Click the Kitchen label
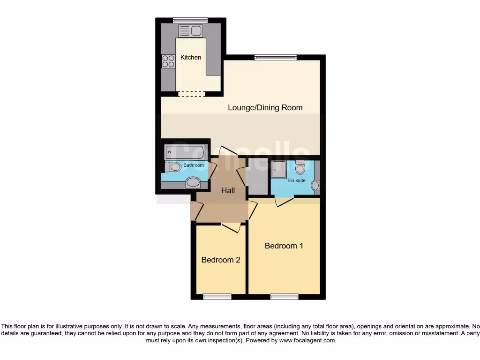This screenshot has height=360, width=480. [191, 57]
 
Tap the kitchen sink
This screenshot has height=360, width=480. [190, 31]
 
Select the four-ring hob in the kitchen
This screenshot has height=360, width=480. [168, 61]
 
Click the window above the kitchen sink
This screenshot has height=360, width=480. [190, 20]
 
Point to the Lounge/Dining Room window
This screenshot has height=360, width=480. [276, 58]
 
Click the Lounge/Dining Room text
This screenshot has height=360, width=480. [265, 107]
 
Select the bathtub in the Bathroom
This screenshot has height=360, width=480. [185, 152]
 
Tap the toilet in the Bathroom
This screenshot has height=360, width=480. [173, 166]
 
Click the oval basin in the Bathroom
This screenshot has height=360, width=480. [193, 182]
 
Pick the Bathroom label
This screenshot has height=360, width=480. [193, 165]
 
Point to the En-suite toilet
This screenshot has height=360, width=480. [300, 167]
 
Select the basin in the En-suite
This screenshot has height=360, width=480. [315, 186]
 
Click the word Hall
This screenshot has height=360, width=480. [228, 190]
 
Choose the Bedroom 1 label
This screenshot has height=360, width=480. [284, 246]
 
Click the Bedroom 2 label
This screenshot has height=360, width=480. [221, 260]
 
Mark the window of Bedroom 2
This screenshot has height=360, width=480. [217, 296]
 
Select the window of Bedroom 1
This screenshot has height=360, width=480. [284, 296]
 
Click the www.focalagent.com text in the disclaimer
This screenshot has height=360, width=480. [307, 340]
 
